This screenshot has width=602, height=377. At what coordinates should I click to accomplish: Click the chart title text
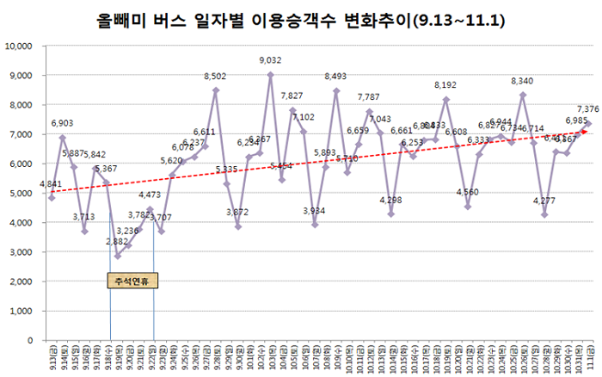[x=300, y=20]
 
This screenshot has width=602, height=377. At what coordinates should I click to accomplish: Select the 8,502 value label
[x=215, y=77]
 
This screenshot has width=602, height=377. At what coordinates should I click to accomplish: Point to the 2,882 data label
[x=119, y=242]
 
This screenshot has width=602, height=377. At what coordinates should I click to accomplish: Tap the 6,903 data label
[x=62, y=124]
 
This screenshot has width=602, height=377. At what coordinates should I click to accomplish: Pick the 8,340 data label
[x=522, y=81]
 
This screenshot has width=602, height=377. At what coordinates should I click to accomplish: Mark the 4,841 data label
[x=51, y=184]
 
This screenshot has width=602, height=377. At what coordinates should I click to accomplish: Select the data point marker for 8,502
[x=216, y=90]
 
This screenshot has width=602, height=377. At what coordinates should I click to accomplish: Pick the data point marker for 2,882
[x=118, y=256]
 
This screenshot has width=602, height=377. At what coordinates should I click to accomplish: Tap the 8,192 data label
[x=445, y=85]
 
